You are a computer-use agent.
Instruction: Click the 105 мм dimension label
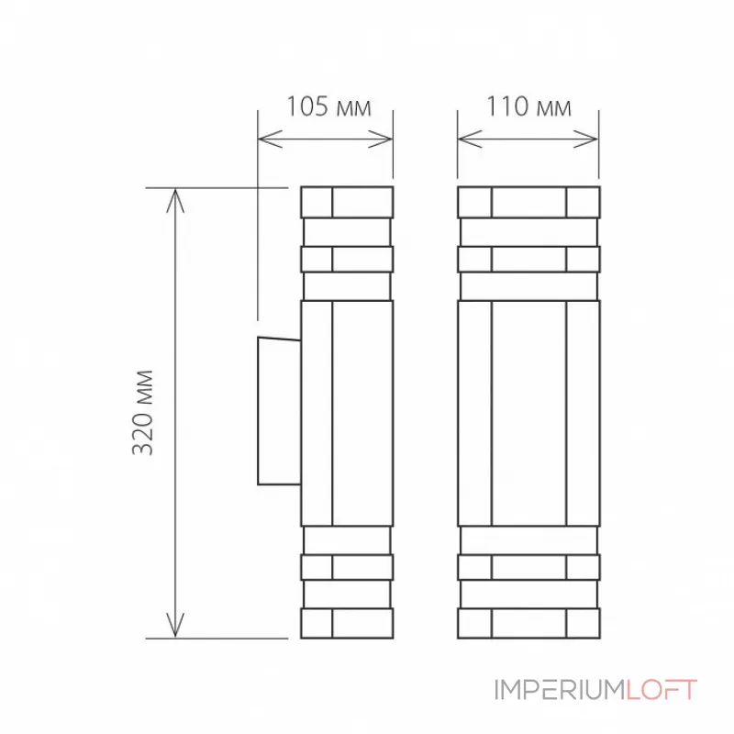tap(328, 107)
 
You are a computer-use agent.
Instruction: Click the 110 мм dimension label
tap(528, 107)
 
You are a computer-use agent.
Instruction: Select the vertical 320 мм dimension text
tap(143, 412)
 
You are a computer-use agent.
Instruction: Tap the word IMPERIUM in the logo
tap(559, 690)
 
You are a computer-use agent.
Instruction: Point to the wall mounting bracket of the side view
tap(279, 411)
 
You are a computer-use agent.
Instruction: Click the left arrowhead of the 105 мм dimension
tap(264, 139)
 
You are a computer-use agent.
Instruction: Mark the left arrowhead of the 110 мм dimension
tap(464, 139)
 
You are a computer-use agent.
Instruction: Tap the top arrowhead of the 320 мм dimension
tap(174, 195)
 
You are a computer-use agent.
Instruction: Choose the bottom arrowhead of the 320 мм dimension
tap(174, 630)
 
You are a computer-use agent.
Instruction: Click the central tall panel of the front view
tap(528, 412)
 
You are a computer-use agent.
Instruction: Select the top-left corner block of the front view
tap(474, 202)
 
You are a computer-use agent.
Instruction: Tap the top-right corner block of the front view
tap(582, 202)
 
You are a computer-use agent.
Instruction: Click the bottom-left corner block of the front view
tap(474, 623)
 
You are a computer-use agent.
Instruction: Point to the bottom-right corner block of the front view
tap(582, 623)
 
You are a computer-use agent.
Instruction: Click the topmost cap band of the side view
tap(347, 202)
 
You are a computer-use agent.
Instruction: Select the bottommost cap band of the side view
tap(347, 623)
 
